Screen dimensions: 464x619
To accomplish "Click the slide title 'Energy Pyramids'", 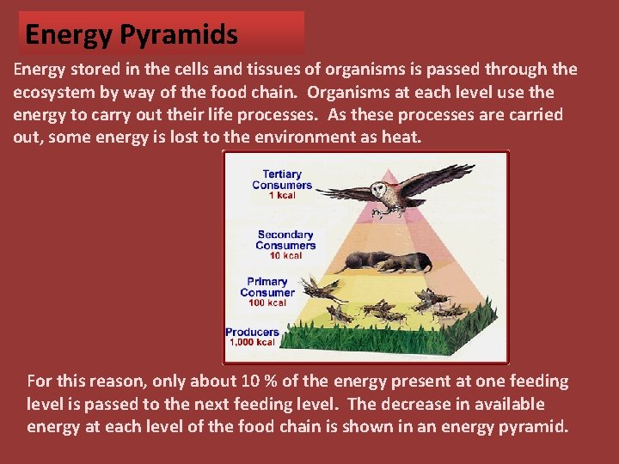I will click(132, 34).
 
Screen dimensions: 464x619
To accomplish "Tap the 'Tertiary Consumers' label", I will click(281, 180).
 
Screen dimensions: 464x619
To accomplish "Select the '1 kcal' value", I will click(281, 196).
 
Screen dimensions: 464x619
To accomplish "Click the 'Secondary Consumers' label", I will click(285, 240).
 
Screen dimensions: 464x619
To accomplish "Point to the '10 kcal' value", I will click(285, 256).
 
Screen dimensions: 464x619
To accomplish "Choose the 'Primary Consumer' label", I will click(267, 287).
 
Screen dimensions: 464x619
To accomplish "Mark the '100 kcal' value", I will click(267, 303).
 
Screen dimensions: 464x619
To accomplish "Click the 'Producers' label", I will click(252, 332).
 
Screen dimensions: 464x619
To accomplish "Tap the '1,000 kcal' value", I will click(252, 343).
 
